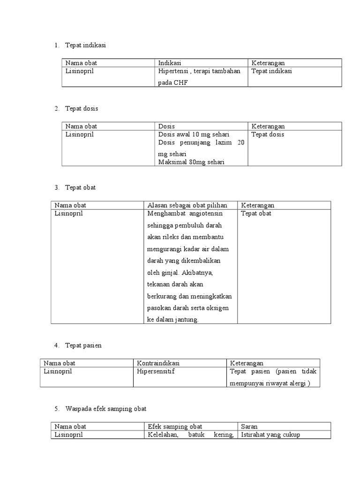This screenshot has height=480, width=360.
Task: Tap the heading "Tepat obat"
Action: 80,187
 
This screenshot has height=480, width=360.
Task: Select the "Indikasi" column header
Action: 170,63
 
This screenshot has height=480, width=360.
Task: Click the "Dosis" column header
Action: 166,126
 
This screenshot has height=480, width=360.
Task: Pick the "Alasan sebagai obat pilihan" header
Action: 187,205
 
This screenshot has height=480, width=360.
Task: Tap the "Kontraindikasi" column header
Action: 158,363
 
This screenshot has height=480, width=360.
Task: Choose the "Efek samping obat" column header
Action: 175,427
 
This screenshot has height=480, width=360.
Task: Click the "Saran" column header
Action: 249,427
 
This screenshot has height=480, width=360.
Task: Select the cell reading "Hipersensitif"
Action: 155,371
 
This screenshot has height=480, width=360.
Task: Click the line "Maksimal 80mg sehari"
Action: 191,162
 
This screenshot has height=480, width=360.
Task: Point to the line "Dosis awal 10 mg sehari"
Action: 190,135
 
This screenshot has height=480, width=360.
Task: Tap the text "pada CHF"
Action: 172,82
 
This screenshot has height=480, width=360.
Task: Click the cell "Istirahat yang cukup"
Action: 270,435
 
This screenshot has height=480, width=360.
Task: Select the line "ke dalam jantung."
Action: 173,319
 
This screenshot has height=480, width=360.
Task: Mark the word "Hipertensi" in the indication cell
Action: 173,71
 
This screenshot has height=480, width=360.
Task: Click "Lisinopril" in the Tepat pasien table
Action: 58,371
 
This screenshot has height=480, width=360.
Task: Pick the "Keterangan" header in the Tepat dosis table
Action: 268,126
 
